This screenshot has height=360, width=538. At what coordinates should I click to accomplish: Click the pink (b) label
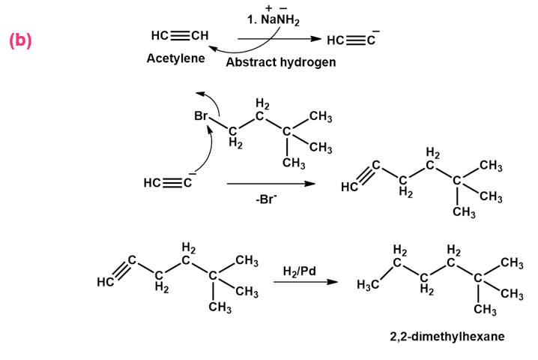pos(20,40)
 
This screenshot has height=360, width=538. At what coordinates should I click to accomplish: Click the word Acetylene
pos(175,58)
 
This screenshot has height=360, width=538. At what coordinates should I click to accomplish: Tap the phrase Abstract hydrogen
pos(281,62)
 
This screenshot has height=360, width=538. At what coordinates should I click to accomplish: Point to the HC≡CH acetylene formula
pos(180,35)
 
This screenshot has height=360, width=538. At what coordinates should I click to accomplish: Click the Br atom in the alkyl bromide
pos(201,115)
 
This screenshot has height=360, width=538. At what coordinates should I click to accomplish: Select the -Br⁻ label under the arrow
pos(266,199)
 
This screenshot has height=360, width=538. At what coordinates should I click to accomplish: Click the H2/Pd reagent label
pos(299,271)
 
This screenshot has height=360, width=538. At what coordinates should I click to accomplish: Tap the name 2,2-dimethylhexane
pos(447,336)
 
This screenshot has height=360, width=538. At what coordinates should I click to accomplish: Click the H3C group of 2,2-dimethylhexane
pos(368,284)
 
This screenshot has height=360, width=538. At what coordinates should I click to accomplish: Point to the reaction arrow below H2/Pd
pos(306,282)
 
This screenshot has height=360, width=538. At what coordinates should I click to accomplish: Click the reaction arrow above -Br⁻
pos(271,184)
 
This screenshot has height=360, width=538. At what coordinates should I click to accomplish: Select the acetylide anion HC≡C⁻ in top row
pos(353,39)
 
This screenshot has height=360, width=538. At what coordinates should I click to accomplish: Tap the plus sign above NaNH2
pos(269,7)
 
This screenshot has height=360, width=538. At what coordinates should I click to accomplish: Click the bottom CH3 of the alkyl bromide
pos(294,163)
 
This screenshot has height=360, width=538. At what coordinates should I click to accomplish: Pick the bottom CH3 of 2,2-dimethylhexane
pos(485,309)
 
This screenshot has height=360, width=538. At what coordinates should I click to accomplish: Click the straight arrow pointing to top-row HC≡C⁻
pos(279,39)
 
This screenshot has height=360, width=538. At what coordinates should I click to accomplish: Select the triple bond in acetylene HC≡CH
pos(181,35)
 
